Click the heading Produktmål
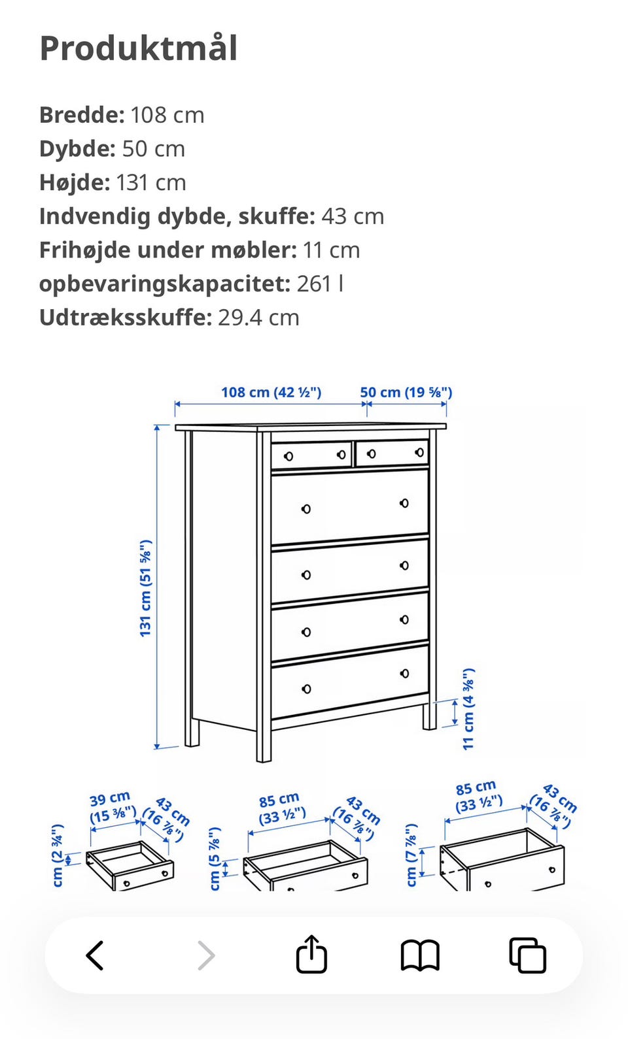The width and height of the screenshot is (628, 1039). pyautogui.click(x=139, y=48)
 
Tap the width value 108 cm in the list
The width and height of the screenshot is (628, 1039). pyautogui.click(x=167, y=115)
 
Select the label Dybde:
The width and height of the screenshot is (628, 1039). pyautogui.click(x=77, y=149)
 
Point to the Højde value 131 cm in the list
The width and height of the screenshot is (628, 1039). pyautogui.click(x=151, y=183)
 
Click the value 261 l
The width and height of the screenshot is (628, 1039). pyautogui.click(x=320, y=284)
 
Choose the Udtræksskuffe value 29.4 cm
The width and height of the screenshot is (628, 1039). pyautogui.click(x=258, y=318)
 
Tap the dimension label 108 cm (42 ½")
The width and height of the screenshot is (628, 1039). pyautogui.click(x=271, y=392)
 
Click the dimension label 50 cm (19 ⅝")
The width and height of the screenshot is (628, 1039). pyautogui.click(x=406, y=392)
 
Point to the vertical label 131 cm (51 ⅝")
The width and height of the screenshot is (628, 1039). pyautogui.click(x=145, y=588)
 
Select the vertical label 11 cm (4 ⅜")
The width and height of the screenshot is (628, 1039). pyautogui.click(x=468, y=709)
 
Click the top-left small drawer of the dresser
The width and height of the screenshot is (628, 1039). pyautogui.click(x=311, y=455)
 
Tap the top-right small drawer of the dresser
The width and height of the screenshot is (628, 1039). pyautogui.click(x=391, y=453)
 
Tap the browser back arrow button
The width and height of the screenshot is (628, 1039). pyautogui.click(x=96, y=955)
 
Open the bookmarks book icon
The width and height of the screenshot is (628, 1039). pyautogui.click(x=419, y=955)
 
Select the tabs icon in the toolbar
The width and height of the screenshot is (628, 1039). pyautogui.click(x=527, y=955)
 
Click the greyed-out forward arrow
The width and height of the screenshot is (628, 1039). pyautogui.click(x=206, y=955)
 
